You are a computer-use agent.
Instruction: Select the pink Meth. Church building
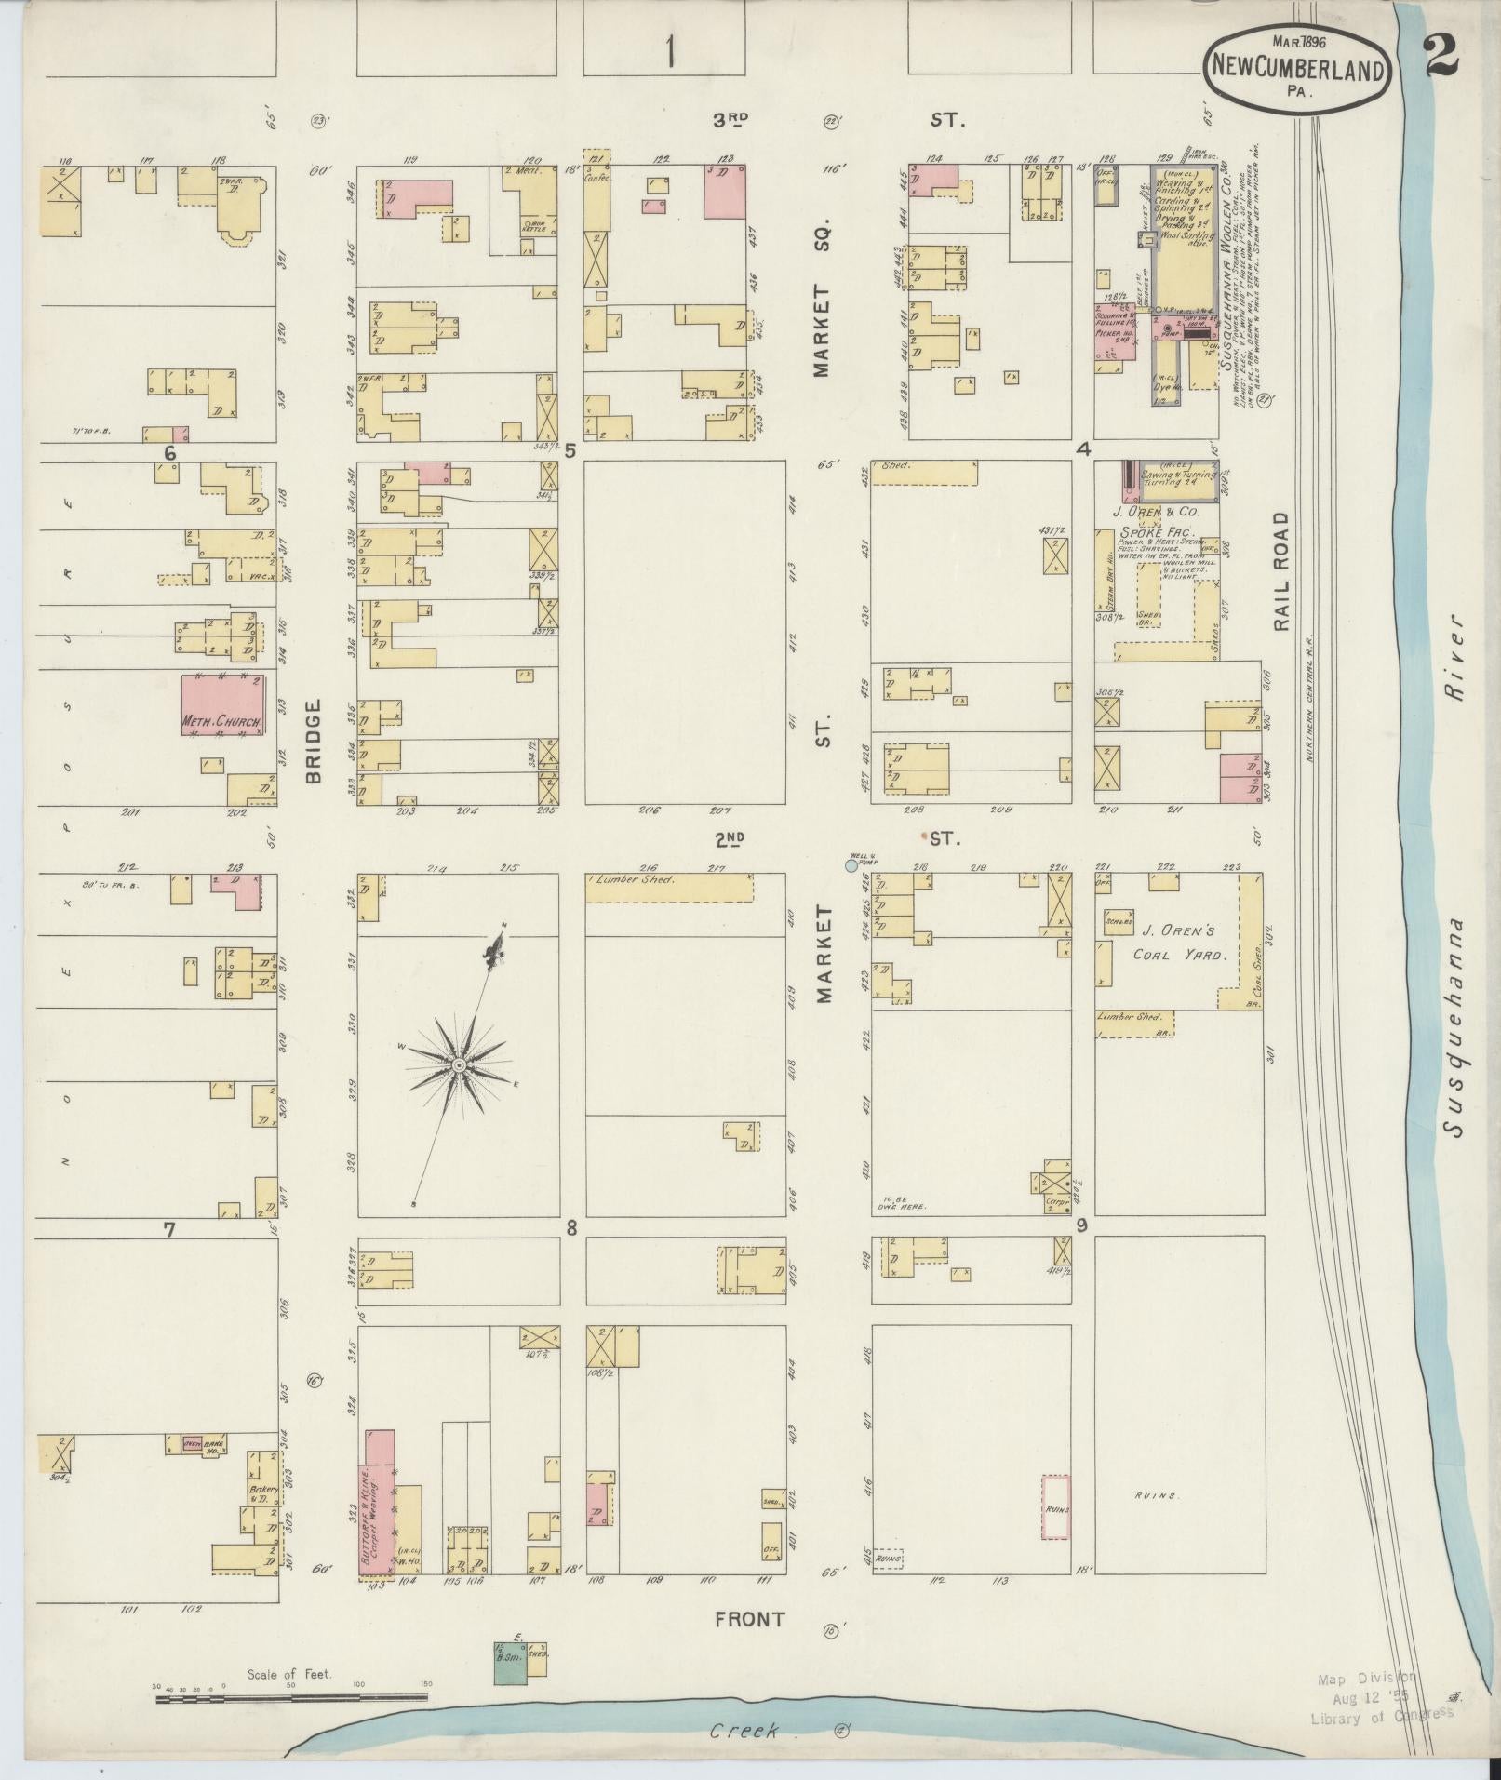[222, 706]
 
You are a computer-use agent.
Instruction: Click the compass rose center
[459, 1064]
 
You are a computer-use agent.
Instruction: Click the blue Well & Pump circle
[851, 865]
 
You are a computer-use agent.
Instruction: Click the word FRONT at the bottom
[749, 1619]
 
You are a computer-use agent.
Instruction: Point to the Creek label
[743, 1732]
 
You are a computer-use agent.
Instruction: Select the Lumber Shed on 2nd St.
[668, 887]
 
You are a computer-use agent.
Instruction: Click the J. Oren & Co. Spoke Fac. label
[1156, 521]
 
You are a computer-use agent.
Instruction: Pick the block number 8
[571, 1228]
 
